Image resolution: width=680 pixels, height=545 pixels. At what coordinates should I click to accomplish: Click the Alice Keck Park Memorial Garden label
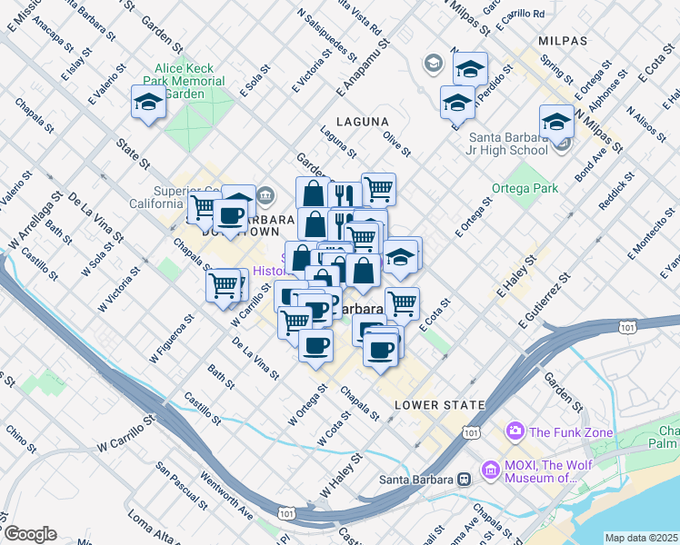[x=190, y=81]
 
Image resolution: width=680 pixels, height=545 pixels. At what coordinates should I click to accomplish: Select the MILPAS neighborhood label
[x=562, y=41]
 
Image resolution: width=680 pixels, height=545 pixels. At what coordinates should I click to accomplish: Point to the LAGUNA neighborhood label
[x=362, y=121]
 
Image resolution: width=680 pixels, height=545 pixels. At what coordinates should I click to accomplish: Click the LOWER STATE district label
[x=427, y=404]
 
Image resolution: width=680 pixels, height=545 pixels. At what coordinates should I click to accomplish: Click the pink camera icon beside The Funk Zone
[x=516, y=431]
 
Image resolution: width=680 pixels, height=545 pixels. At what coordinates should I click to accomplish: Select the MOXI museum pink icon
[x=491, y=470]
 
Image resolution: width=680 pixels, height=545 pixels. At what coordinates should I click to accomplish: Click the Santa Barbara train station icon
[x=463, y=479]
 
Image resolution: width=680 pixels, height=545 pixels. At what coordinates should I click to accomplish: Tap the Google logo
[x=29, y=534]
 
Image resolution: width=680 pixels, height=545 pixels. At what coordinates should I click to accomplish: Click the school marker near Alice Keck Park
[x=148, y=104]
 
